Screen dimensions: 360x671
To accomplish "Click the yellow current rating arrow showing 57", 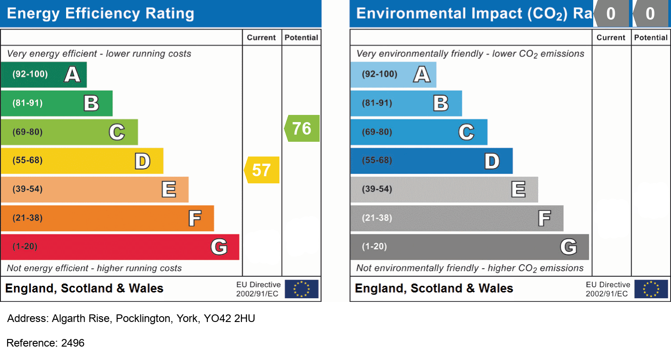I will (262, 170).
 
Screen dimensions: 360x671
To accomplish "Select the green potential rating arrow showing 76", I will (302, 128).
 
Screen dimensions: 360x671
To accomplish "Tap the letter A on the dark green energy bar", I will (72, 74).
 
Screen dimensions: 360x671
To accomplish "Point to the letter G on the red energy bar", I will (219, 247).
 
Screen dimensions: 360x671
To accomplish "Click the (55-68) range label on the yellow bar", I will (28, 161).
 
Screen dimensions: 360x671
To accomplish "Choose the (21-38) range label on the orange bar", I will (28, 218).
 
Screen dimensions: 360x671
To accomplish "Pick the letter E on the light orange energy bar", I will (169, 190).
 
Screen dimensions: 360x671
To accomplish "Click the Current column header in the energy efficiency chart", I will (262, 38).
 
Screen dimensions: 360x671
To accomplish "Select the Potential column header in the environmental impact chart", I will (650, 38).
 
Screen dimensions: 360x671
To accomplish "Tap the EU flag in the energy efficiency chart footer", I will (302, 289).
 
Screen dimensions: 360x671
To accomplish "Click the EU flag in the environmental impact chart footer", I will (651, 289).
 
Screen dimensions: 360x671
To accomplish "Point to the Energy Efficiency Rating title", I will (101, 14).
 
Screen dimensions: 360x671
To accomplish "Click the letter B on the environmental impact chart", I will (441, 103).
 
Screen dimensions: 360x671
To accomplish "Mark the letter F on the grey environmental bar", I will (544, 219).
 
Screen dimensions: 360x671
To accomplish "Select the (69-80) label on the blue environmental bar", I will (377, 132).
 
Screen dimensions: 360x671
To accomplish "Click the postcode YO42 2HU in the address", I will (229, 319).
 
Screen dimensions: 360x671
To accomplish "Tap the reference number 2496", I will (73, 343).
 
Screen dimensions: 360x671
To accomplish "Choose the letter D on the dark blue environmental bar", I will (492, 161).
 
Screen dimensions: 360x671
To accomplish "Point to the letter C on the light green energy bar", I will (117, 132).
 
